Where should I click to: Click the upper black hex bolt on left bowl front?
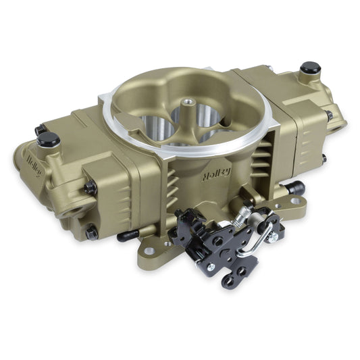point(90,187)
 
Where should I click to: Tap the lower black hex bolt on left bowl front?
point(91,232)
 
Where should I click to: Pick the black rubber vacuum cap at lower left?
point(125,236)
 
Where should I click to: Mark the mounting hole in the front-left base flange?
point(167,243)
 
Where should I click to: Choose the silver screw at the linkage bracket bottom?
point(210,267)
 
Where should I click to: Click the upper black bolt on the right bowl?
point(329,115)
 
